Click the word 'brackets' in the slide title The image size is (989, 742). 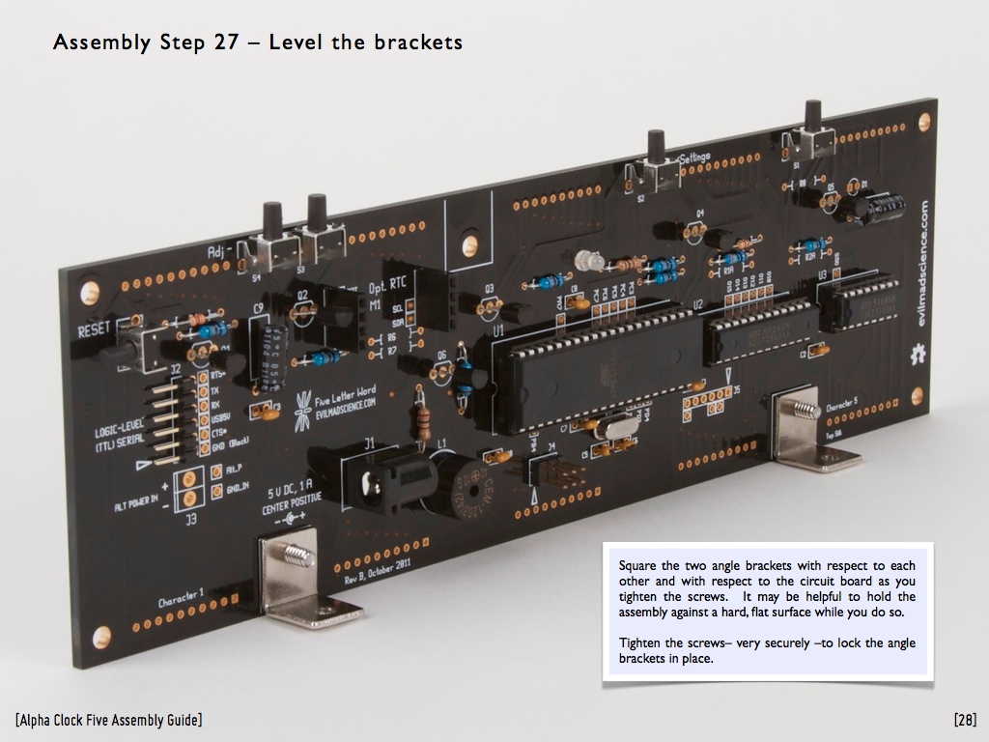coord(416,43)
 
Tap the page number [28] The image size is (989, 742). coord(964,720)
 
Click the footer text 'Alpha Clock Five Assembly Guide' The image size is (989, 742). coord(108,720)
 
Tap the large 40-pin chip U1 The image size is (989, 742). coord(599,372)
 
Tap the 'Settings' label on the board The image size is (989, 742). coord(695,157)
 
